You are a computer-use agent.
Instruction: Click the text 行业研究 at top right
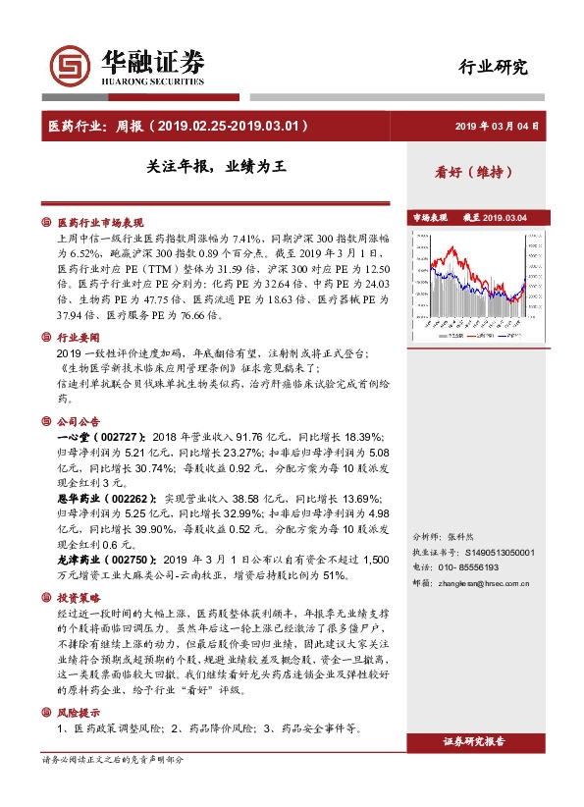[494, 67]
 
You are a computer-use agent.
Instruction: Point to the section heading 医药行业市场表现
[100, 222]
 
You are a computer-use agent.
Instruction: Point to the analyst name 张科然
[461, 537]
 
